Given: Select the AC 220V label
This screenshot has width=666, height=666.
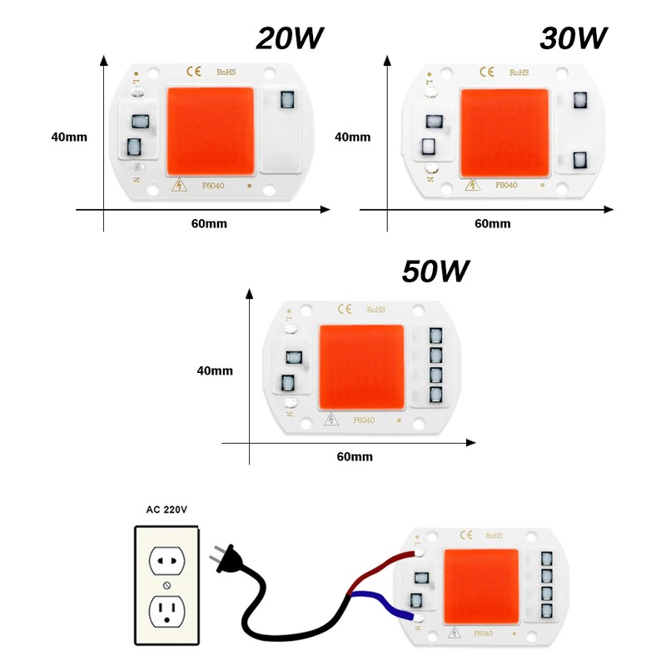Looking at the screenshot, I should click(167, 509).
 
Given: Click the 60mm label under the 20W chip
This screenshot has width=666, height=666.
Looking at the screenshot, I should click(209, 224).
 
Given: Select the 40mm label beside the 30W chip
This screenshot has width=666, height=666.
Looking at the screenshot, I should click(352, 137).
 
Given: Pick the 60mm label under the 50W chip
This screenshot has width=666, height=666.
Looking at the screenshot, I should click(355, 457).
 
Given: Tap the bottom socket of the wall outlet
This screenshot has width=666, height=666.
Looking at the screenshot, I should click(166, 613).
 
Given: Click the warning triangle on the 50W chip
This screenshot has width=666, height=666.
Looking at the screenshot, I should click(332, 420).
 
